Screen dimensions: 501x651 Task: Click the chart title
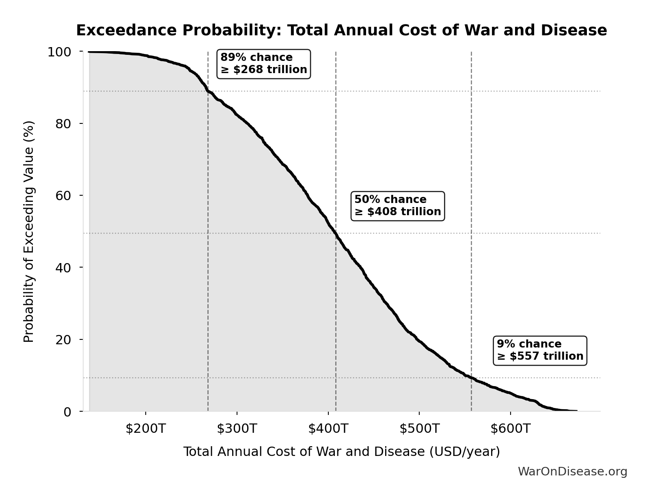[x=341, y=30]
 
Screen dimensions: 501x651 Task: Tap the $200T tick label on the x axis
[x=145, y=429]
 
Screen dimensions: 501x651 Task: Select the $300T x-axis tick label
[x=237, y=429]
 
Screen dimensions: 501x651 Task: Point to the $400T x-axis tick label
[x=328, y=429]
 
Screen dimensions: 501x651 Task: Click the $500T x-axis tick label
[x=419, y=429]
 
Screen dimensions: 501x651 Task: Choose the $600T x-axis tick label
[x=510, y=429]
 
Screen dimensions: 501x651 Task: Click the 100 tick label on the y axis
[x=59, y=52]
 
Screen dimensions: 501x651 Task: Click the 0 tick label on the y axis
[x=67, y=412]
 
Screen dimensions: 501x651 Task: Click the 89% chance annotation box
[x=264, y=64]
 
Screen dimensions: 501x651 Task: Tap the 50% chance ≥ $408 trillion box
[x=397, y=206]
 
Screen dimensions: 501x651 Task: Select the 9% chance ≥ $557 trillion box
[x=540, y=350]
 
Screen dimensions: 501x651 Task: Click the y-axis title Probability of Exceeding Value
[x=29, y=231]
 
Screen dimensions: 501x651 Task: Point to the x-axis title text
[x=341, y=451]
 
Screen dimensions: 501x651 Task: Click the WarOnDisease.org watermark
[x=572, y=471]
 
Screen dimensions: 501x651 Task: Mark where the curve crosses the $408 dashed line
[x=336, y=233]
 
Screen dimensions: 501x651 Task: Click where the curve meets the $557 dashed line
[x=471, y=378]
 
